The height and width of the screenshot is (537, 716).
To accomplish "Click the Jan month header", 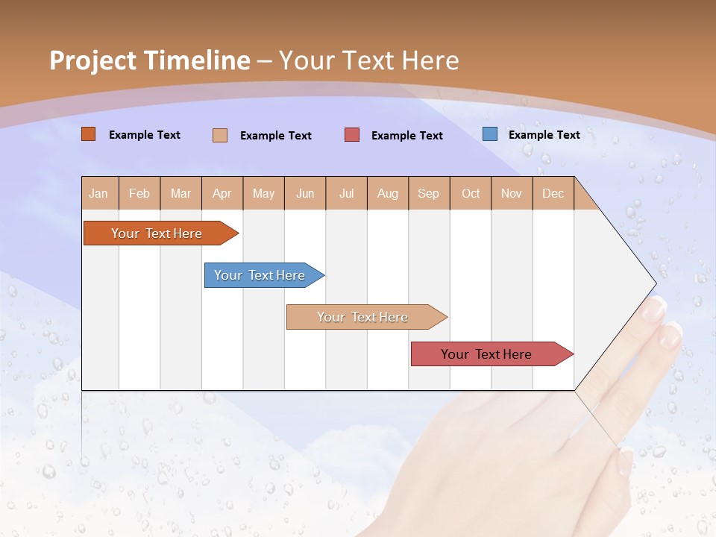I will click(x=99, y=193).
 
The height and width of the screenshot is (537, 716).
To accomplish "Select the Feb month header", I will click(x=139, y=193).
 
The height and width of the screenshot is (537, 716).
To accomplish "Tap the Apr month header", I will click(x=222, y=193).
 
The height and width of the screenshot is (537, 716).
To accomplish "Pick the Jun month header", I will click(x=305, y=193).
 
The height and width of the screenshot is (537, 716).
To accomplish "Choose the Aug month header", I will click(x=388, y=193).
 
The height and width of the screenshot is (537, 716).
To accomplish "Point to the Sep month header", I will click(x=429, y=193).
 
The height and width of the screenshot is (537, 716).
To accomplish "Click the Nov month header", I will click(x=512, y=193).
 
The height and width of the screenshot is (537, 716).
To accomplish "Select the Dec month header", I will click(x=553, y=193).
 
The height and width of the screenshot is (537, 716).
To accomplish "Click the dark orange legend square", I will click(x=89, y=134).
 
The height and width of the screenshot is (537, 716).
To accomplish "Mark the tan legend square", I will click(x=220, y=135).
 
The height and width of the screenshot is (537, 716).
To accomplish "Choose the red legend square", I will click(x=352, y=135).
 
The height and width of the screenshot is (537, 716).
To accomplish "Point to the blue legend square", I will click(x=490, y=134).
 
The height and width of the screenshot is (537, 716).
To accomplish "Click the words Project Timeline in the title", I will click(x=150, y=60).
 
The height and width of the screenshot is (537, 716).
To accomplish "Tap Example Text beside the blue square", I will click(x=544, y=135).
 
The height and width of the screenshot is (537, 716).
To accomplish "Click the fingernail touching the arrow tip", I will click(x=656, y=306).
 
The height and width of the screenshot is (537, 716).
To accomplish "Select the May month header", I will click(x=263, y=193).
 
